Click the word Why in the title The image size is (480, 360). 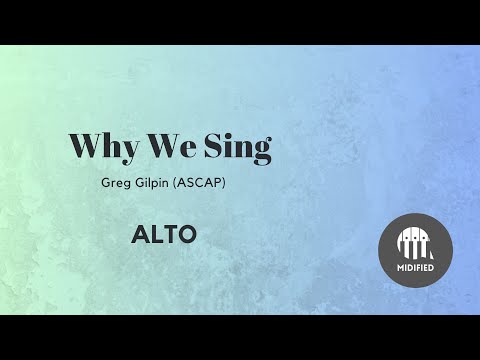point(103,147)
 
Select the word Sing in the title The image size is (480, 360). point(236,147)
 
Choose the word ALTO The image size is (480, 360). point(164,235)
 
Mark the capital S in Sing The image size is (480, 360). point(214,146)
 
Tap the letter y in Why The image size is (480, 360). point(128,150)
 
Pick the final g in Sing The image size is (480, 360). point(261,151)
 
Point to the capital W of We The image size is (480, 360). point(160,146)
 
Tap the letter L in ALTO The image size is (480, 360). point(156,235)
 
